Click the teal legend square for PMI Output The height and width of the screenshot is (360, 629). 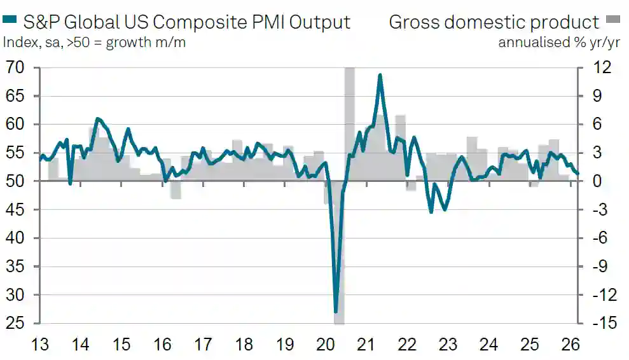[10, 22]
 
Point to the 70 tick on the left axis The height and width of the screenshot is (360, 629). [15, 67]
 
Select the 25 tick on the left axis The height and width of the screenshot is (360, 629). [15, 323]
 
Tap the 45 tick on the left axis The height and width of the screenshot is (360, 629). [15, 210]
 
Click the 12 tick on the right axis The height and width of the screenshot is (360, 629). [602, 67]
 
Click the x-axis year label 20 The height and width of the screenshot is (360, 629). [326, 345]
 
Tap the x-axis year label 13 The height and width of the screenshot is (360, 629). [40, 345]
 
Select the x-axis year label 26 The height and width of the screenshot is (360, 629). [570, 345]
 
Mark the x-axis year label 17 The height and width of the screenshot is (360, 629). [203, 345]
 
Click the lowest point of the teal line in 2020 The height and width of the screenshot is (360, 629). [336, 312]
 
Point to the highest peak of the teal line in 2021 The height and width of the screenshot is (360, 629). [380, 75]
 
